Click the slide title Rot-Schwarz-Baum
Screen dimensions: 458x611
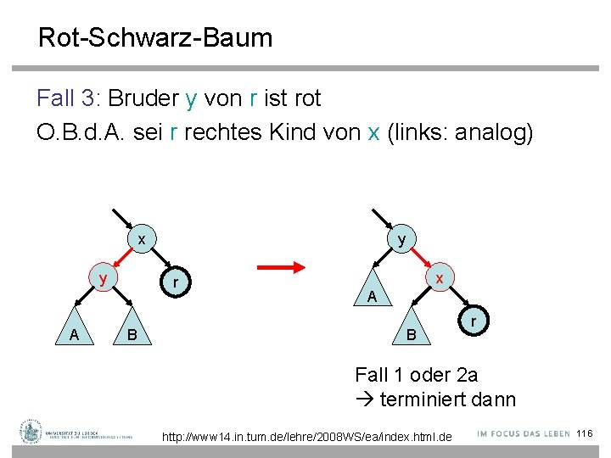[155, 37]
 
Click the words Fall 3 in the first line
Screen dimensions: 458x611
[68, 98]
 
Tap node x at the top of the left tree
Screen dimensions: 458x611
[142, 240]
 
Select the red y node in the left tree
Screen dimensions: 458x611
[103, 278]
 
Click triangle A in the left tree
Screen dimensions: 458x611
[75, 336]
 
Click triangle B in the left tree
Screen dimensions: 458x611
[132, 336]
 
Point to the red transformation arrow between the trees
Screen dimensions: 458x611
[281, 268]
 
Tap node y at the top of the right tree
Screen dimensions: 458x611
[401, 240]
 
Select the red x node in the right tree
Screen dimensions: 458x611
[439, 278]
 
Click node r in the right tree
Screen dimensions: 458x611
[475, 322]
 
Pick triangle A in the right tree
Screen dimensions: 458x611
[372, 295]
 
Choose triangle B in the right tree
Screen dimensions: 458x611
[411, 336]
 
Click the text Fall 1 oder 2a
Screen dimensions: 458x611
[416, 374]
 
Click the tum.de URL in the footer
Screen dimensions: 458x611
[307, 437]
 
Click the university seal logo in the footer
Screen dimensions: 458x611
[31, 432]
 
